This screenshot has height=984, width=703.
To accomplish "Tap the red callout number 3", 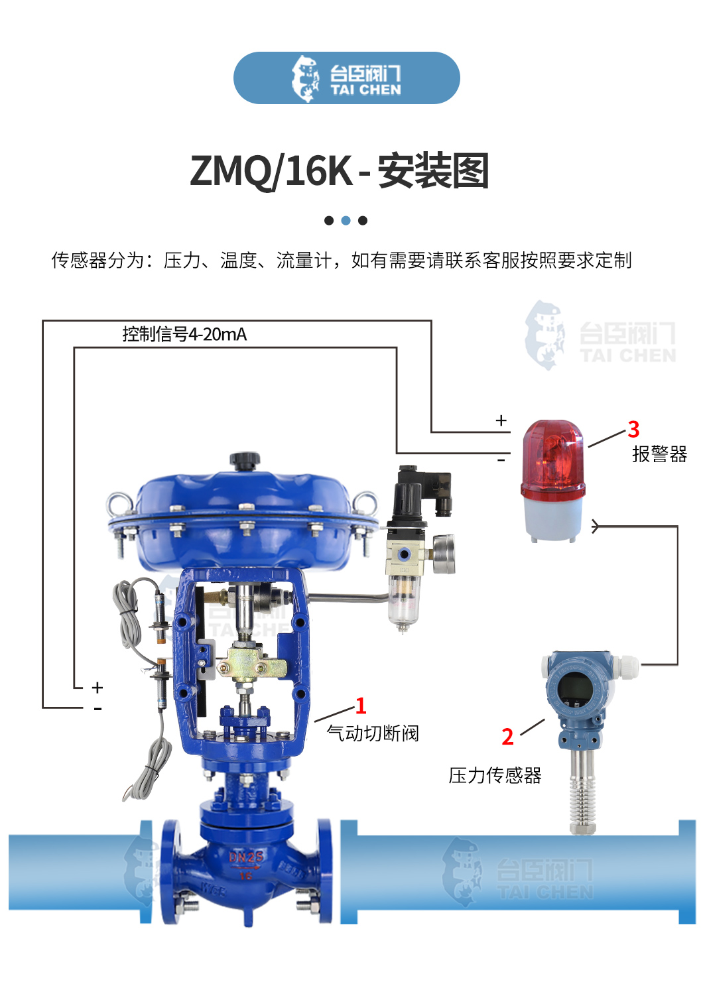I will coord(633,429).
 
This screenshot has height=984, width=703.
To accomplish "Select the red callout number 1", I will coord(360,706).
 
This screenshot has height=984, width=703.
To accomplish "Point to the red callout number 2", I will coord(507,737).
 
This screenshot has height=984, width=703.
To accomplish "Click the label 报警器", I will coord(659,454).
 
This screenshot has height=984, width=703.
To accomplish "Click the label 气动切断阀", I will coord(373,733).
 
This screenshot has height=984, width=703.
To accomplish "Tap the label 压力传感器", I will coord(495,775).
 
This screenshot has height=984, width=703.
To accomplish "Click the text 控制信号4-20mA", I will coord(184,334).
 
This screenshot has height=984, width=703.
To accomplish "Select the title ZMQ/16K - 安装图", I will coord(340,171).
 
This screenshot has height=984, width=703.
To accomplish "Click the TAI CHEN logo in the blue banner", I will coord(346,78).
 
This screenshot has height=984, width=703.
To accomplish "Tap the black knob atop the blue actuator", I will coord(245,460).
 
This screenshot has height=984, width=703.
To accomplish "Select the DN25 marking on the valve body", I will coord(246,857).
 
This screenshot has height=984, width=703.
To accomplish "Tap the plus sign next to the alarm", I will coord(501,420).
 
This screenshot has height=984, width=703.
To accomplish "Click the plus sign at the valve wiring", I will coord(97,687).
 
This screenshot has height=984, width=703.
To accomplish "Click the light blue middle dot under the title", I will coord(346,221).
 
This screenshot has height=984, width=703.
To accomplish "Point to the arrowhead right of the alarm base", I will coord(596,526).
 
